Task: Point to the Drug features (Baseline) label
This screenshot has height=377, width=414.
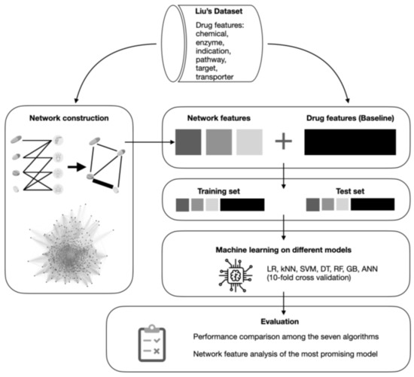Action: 350,119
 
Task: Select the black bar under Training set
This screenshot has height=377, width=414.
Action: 242,205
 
